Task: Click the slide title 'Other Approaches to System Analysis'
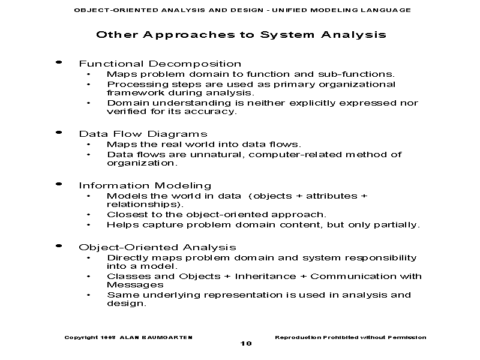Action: pyautogui.click(x=241, y=34)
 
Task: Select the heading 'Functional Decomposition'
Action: pyautogui.click(x=160, y=64)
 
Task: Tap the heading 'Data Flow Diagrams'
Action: pyautogui.click(x=143, y=134)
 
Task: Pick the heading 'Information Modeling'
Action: pyautogui.click(x=145, y=185)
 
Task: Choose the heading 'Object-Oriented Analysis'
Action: pyautogui.click(x=157, y=247)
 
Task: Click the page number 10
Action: pyautogui.click(x=246, y=343)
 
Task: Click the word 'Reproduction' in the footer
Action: pyautogui.click(x=296, y=337)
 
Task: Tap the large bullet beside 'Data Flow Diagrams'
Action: pyautogui.click(x=58, y=131)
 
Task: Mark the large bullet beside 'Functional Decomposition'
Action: pyautogui.click(x=58, y=62)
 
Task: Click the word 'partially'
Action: pyautogui.click(x=397, y=225)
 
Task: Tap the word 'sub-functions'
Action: pyautogui.click(x=359, y=74)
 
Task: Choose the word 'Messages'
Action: pyautogui.click(x=127, y=285)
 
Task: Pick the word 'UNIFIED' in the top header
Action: pyautogui.click(x=288, y=10)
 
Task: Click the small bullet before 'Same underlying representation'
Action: pyautogui.click(x=89, y=295)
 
